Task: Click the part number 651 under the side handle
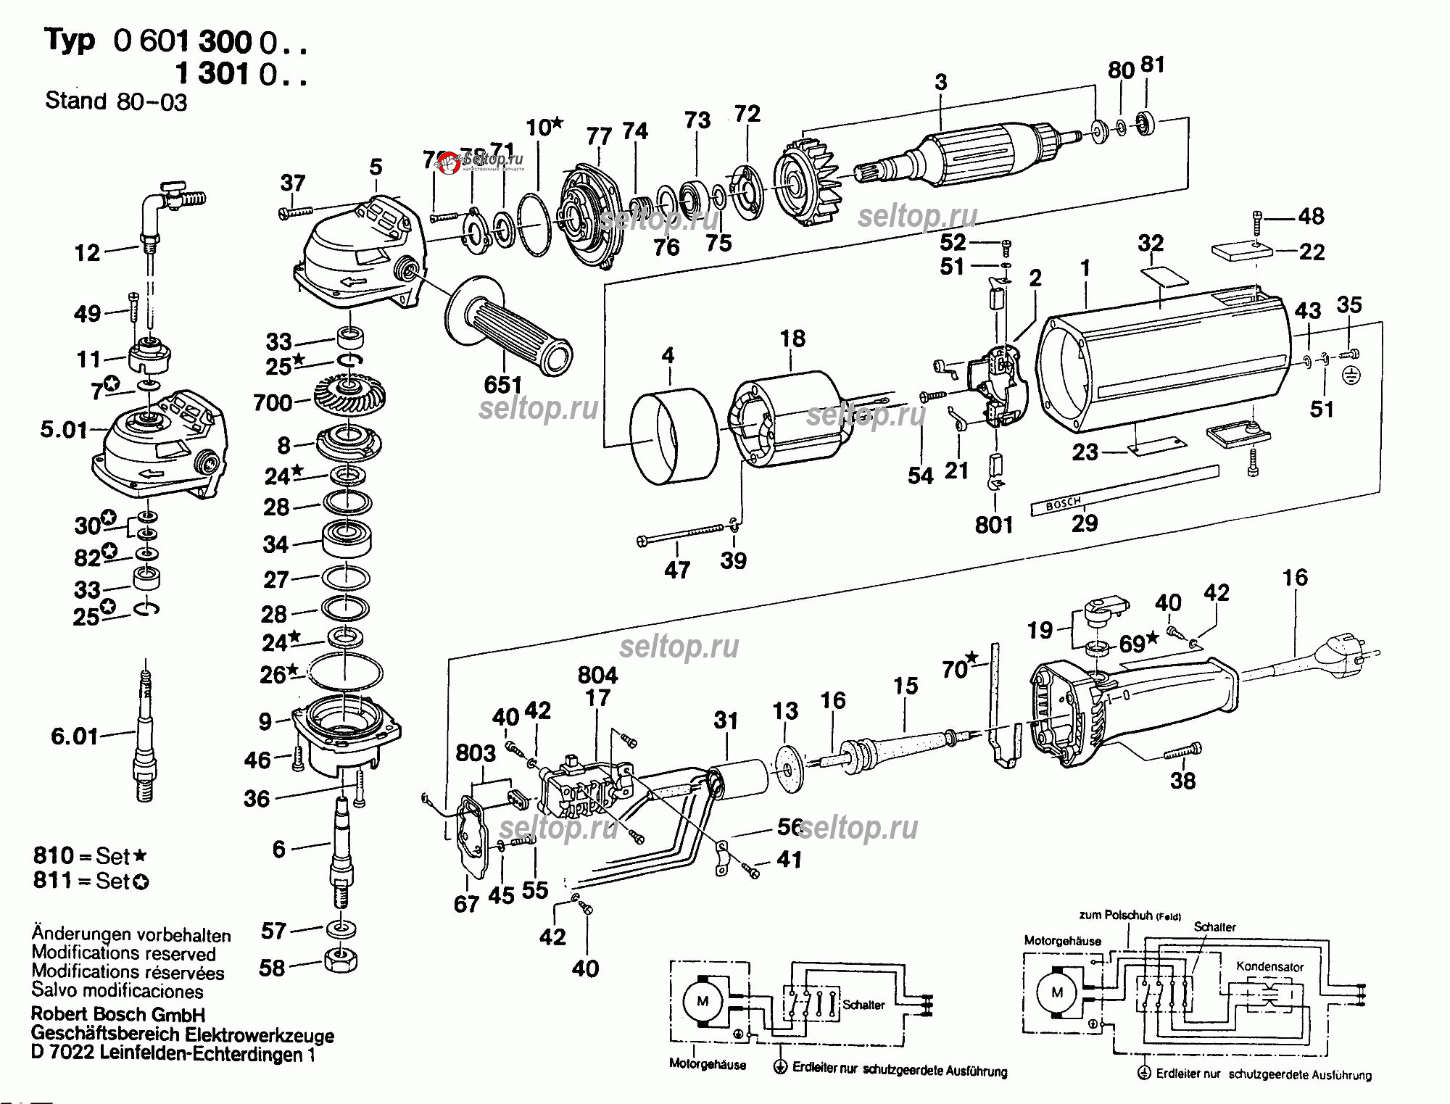(502, 384)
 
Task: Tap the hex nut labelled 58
(341, 961)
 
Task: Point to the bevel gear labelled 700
(349, 395)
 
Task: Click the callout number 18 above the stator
(792, 339)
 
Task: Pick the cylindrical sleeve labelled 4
(673, 435)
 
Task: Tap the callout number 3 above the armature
(940, 82)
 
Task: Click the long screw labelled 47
(681, 535)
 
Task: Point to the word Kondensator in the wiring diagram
(1269, 966)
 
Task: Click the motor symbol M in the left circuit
(703, 1002)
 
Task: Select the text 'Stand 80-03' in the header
(116, 101)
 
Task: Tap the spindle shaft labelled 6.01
(145, 736)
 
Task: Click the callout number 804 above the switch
(597, 675)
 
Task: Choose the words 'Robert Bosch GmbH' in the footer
(118, 1014)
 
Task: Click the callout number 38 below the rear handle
(1182, 781)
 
